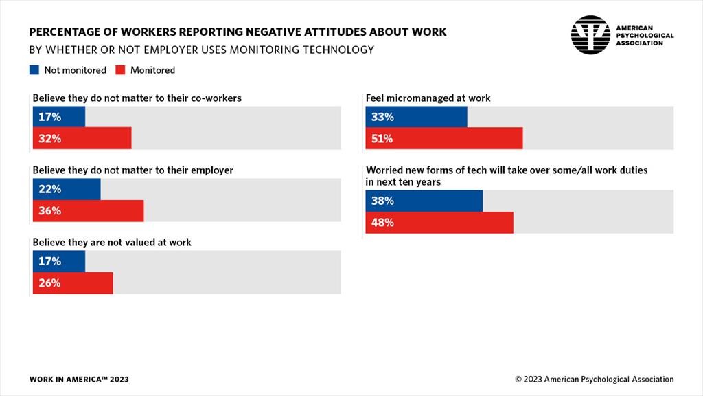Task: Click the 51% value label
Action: [x=382, y=139]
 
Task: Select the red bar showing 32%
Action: [x=82, y=139]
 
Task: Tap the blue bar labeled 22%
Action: [x=66, y=189]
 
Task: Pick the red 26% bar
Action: [x=72, y=283]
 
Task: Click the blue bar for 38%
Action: [x=424, y=201]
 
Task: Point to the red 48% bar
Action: [x=439, y=223]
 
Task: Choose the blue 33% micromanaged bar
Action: [x=416, y=117]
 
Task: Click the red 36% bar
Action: [x=88, y=211]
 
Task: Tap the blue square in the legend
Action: [x=34, y=69]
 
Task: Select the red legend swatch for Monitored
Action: [x=119, y=69]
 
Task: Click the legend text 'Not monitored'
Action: [x=75, y=70]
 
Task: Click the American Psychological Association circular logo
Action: [x=590, y=34]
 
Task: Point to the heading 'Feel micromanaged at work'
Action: [x=428, y=98]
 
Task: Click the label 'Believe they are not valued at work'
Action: [x=112, y=243]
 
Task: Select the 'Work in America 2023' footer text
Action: [x=78, y=379]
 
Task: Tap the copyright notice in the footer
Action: [x=594, y=379]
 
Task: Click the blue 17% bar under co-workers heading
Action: [x=59, y=117]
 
